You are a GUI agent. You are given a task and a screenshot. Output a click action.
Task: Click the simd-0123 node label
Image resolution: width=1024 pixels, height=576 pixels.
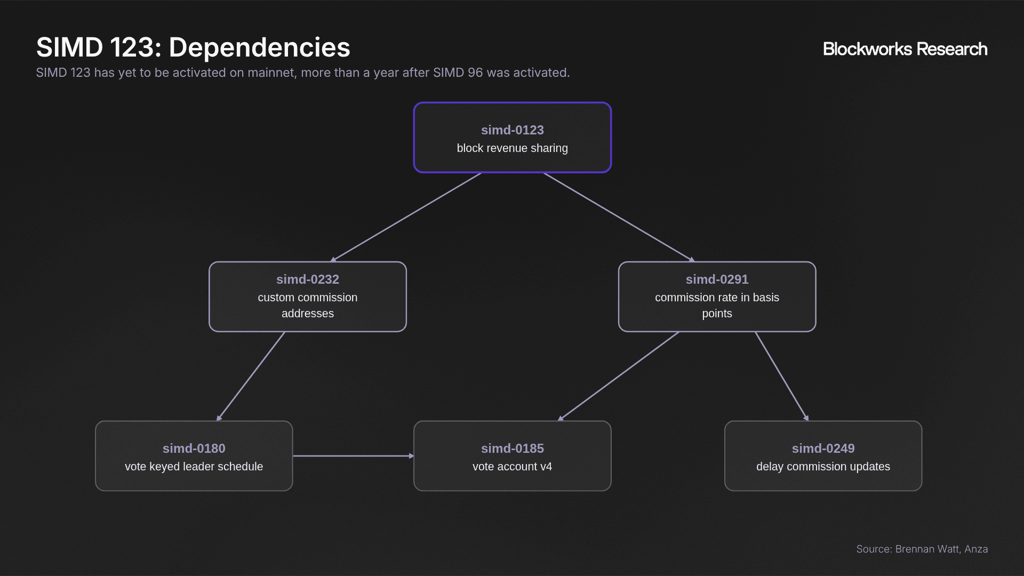click(512, 130)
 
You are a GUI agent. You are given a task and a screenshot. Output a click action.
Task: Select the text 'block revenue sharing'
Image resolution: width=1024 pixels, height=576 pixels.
click(512, 148)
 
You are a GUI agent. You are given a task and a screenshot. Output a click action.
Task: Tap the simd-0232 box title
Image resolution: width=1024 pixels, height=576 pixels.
click(308, 279)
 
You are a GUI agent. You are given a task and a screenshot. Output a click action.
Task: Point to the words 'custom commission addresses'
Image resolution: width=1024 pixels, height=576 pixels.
click(308, 306)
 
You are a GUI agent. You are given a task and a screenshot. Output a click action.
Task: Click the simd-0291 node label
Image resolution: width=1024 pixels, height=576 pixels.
click(717, 279)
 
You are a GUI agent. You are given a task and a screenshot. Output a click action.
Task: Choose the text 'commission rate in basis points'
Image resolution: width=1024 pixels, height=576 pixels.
click(717, 306)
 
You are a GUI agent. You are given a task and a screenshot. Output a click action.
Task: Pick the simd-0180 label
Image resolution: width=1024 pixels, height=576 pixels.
click(194, 449)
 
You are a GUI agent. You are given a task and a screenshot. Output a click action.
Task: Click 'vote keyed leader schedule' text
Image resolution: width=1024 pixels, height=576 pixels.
click(194, 467)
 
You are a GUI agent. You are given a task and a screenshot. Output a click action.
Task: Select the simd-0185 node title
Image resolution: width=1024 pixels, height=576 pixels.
click(512, 449)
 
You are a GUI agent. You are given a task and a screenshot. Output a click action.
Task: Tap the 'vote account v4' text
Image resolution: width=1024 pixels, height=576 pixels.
click(512, 467)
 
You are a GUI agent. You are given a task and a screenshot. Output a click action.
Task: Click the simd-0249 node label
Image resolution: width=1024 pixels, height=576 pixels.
click(823, 449)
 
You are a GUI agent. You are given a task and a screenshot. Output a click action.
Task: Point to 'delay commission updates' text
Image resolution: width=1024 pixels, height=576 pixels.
click(823, 467)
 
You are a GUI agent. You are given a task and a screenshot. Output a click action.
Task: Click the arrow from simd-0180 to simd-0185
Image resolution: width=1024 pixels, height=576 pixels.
click(354, 456)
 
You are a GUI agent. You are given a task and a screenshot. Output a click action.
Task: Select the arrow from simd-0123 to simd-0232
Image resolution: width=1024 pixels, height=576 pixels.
click(406, 217)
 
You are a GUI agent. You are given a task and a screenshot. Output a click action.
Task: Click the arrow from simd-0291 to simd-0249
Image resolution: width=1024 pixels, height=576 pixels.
click(782, 377)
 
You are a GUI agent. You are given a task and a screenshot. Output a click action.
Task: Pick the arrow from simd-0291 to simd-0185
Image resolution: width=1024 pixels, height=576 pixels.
click(618, 377)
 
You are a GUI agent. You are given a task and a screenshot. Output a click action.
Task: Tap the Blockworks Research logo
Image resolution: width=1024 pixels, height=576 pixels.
click(905, 49)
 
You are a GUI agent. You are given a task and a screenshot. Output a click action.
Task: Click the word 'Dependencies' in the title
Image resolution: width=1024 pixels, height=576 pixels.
click(260, 47)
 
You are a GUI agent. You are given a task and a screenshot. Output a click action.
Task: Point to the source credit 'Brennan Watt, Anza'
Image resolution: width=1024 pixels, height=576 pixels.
click(941, 549)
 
